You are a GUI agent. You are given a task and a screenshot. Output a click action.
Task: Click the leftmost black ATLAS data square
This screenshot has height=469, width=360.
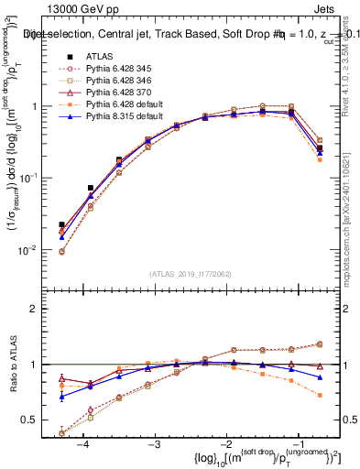click(61, 224)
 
